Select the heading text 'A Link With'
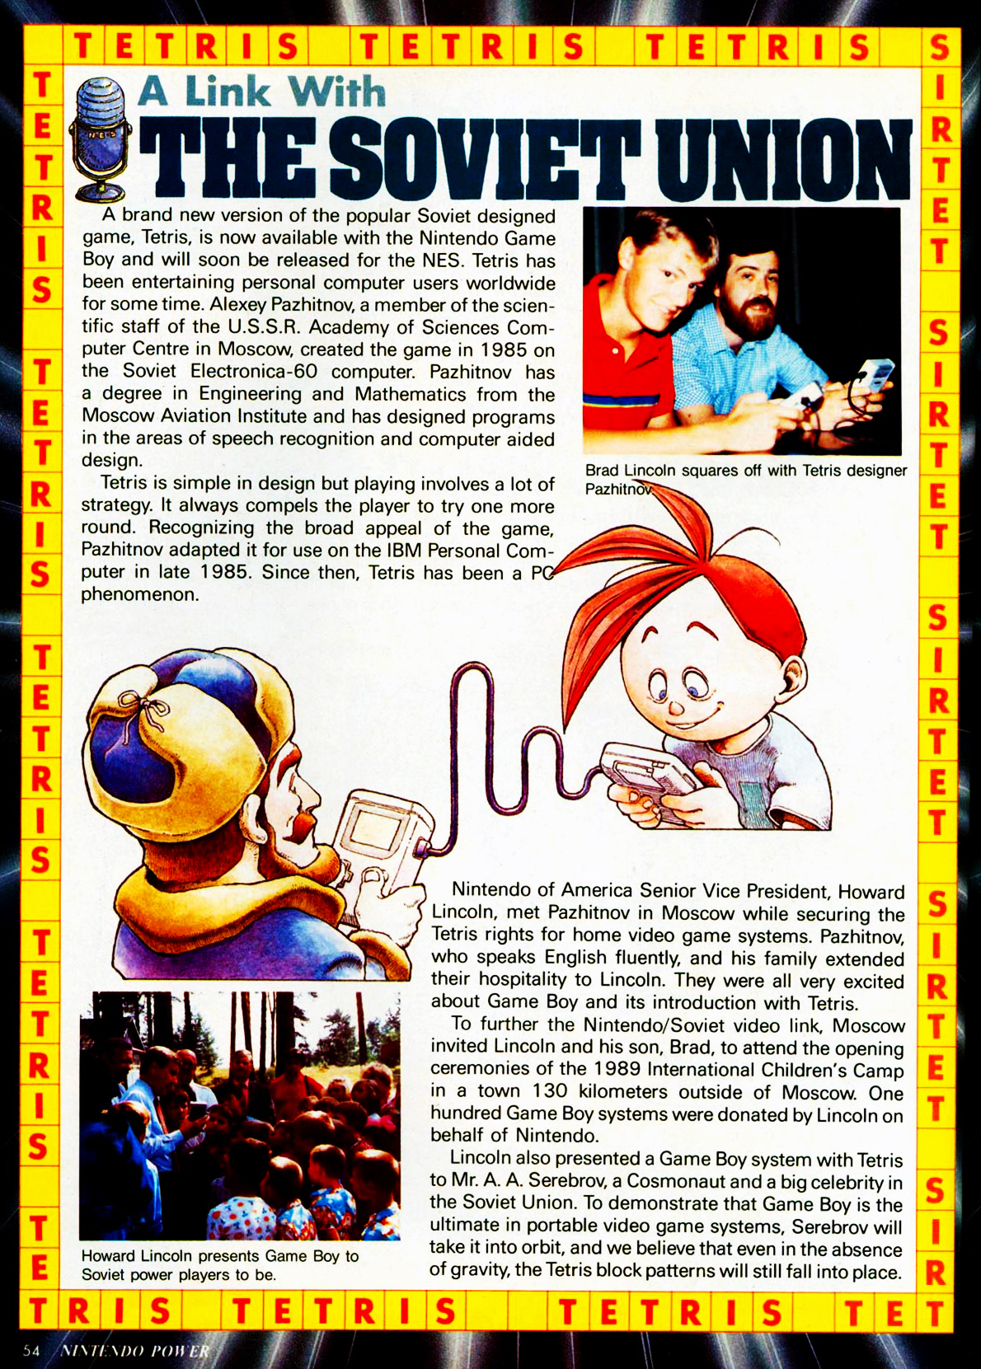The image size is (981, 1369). point(262,91)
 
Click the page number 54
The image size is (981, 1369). point(31,1351)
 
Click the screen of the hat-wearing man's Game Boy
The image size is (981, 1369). point(373,832)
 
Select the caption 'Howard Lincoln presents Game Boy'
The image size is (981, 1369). point(219,1265)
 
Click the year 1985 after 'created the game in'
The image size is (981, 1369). point(504,349)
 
